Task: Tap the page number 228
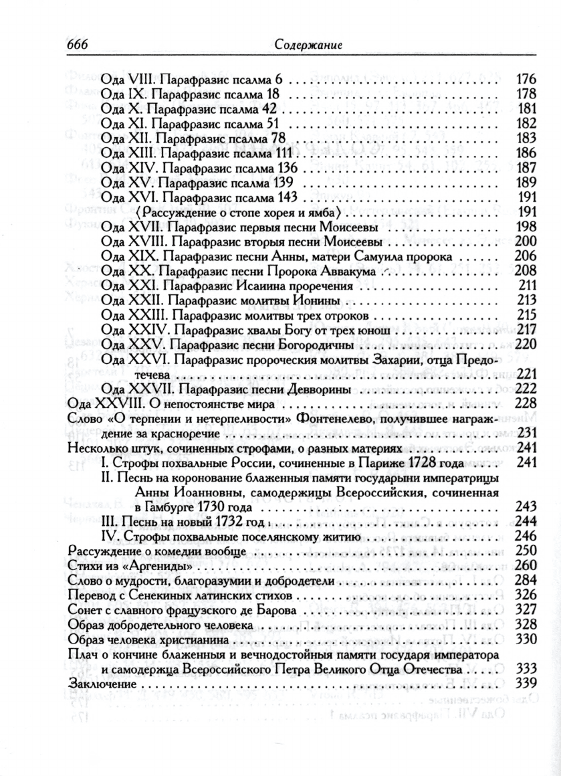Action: (x=528, y=404)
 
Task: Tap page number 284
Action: (x=528, y=581)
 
